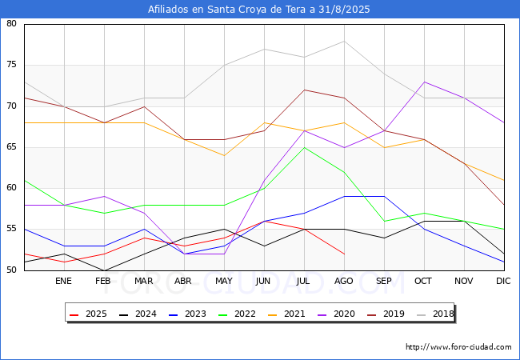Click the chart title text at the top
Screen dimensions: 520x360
[x=258, y=10]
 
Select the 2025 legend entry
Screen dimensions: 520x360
[x=89, y=314]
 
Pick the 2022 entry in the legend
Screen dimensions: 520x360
[x=237, y=314]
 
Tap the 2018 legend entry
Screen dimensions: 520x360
[x=435, y=314]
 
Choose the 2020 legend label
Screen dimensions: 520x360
[x=336, y=314]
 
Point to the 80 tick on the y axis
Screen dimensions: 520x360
[x=11, y=23]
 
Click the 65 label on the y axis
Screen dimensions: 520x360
[x=11, y=147]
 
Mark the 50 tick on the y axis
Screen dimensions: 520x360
[x=11, y=270]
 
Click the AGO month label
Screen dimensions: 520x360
[x=343, y=281]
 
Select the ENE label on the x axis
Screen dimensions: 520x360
[x=63, y=281]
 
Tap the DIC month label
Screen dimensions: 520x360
[x=503, y=281]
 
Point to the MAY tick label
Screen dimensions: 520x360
[x=224, y=281]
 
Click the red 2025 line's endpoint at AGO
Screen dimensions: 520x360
[x=344, y=254]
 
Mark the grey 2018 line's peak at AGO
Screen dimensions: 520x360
[x=344, y=41]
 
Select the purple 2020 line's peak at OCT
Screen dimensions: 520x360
[x=425, y=82]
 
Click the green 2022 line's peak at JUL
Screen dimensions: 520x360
[x=305, y=147]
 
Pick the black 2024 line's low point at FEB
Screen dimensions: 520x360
[x=105, y=270]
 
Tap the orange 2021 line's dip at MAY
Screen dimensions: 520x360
[x=225, y=155]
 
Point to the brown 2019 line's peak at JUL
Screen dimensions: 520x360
[x=305, y=90]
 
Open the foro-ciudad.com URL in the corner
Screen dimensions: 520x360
[x=458, y=347]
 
